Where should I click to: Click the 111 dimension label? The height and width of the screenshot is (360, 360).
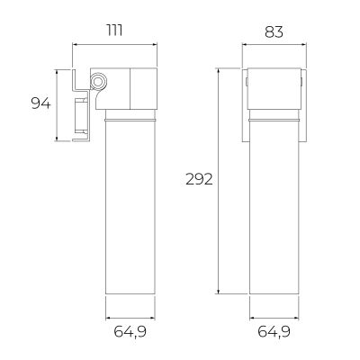click(x=115, y=31)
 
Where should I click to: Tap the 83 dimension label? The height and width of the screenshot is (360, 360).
click(x=274, y=31)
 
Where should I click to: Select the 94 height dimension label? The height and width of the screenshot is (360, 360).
click(x=41, y=103)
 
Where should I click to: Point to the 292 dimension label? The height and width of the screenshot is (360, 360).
click(x=199, y=179)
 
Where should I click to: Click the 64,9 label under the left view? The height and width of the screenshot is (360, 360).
click(x=130, y=332)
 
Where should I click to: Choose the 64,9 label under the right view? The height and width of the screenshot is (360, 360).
click(x=274, y=332)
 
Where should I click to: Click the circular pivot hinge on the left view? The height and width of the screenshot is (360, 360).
click(x=98, y=81)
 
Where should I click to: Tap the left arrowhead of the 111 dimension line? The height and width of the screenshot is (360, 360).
click(x=75, y=45)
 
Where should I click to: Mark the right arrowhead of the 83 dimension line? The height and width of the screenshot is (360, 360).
click(x=304, y=45)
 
